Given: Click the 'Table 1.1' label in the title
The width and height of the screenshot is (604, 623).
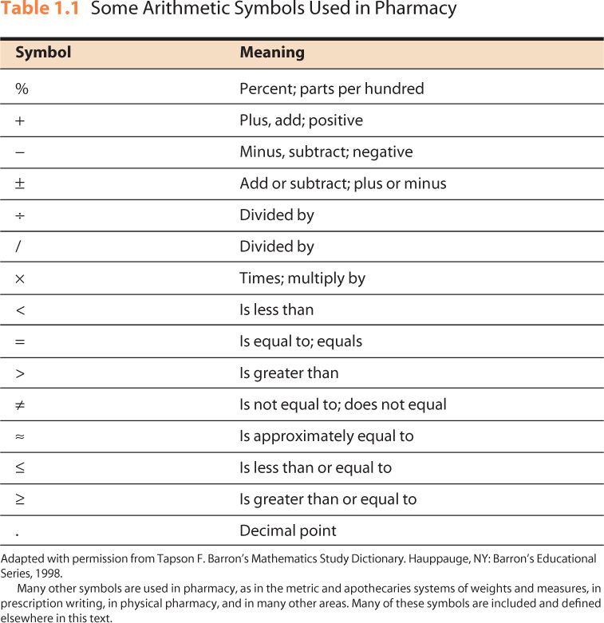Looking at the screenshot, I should (40, 10).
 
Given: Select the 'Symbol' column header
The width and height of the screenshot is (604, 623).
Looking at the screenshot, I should (43, 53).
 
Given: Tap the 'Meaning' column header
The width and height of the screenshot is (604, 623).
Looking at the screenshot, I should (272, 53).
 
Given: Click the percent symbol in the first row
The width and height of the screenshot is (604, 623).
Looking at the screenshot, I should (22, 89).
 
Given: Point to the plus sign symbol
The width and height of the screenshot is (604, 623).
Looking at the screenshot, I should (20, 120).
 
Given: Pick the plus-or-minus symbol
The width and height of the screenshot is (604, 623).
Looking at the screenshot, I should (20, 183).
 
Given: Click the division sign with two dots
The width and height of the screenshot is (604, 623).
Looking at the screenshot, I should (20, 215).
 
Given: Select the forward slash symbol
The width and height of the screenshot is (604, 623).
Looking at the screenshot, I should (18, 246).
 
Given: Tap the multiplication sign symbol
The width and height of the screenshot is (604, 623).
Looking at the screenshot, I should (20, 278).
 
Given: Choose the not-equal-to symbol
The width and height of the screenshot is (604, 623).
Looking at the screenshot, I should (20, 404).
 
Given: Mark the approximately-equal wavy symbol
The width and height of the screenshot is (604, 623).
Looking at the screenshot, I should (20, 436).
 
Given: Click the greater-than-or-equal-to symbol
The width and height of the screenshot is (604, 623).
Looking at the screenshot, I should (20, 499).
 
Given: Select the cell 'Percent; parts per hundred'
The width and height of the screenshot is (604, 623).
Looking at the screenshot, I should (331, 89).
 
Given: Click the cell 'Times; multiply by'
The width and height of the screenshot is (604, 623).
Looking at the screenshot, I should (302, 278).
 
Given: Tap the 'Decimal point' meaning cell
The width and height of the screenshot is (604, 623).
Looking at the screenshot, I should (288, 530).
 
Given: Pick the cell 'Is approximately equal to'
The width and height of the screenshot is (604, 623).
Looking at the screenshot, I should (326, 436).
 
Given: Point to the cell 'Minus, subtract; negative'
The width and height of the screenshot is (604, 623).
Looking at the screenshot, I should (326, 152).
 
